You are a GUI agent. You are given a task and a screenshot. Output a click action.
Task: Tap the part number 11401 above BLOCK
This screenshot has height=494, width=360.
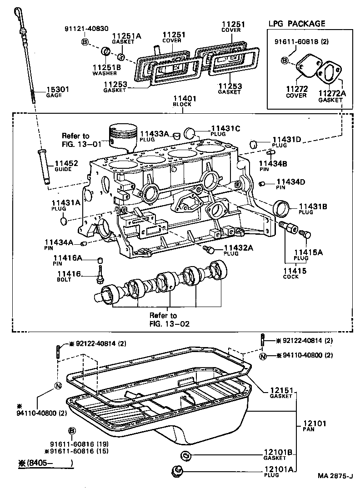pos(182,98)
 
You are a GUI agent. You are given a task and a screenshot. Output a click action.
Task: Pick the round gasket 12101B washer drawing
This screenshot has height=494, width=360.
pos(186,455)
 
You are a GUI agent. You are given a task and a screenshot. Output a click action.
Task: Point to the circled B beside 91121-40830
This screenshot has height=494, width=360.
pos(85,42)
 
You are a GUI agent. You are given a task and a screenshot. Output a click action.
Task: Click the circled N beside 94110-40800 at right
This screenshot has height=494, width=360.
pos(263,356)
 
